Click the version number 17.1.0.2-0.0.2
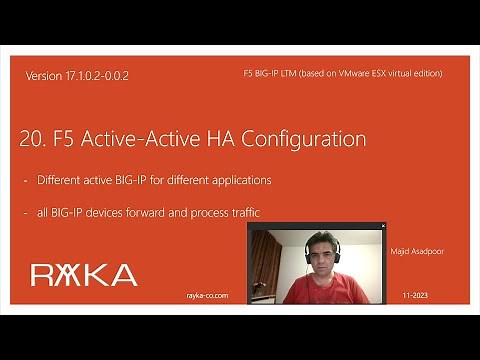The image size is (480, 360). [100, 76]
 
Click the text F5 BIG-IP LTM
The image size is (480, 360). [272, 74]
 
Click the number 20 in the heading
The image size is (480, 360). [31, 138]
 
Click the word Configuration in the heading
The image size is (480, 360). [305, 138]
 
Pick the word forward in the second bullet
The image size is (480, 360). [171, 212]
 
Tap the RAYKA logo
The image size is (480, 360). [83, 275]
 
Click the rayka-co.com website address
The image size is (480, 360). [209, 296]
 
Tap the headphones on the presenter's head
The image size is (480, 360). [337, 246]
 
